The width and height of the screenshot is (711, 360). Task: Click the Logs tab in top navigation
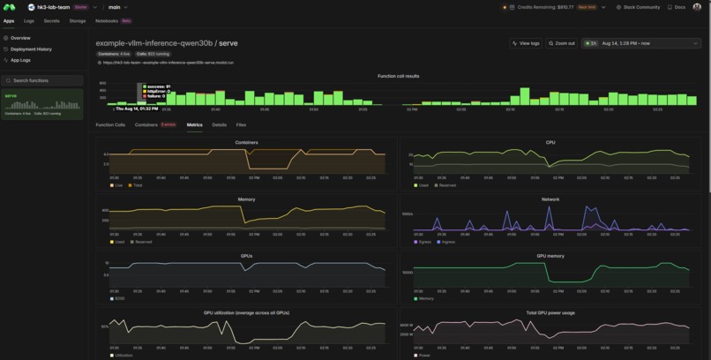click(x=29, y=20)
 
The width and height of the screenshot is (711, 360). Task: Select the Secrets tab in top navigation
click(x=52, y=20)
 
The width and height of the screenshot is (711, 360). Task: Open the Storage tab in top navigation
click(x=78, y=20)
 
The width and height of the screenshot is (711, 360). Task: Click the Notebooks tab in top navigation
click(x=107, y=20)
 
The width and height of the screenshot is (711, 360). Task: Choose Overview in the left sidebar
click(x=19, y=38)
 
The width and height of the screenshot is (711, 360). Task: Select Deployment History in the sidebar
click(x=30, y=49)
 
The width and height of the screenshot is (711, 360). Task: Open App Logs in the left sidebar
click(x=20, y=60)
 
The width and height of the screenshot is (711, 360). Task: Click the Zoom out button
click(x=561, y=43)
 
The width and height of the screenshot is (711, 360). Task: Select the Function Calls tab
click(x=110, y=125)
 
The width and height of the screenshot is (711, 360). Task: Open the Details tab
click(x=219, y=125)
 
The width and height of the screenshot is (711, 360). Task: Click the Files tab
click(x=241, y=125)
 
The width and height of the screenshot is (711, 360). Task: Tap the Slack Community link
click(x=638, y=7)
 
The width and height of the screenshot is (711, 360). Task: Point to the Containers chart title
click(x=247, y=142)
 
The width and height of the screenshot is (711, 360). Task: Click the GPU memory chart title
click(x=550, y=256)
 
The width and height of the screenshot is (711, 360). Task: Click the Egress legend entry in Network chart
click(x=423, y=242)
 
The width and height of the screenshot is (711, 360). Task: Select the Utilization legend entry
click(x=123, y=356)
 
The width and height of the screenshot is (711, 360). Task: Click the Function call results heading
click(x=398, y=76)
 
